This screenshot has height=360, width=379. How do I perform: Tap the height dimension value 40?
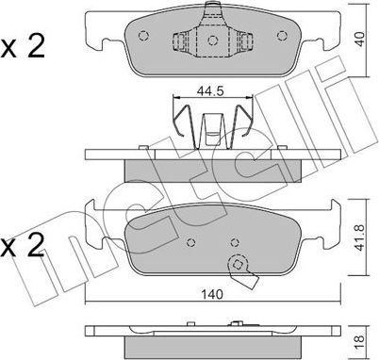click(x=359, y=39)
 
